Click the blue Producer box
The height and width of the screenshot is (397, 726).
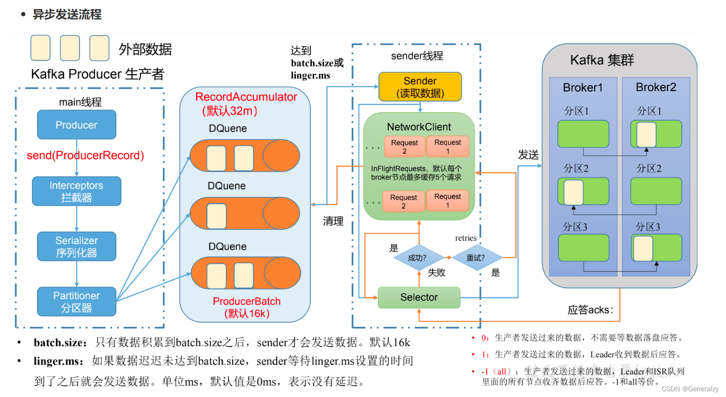(76, 125)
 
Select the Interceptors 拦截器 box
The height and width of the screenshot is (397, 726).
(76, 191)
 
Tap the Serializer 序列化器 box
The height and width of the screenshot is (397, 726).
(76, 246)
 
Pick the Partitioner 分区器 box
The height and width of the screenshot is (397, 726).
(76, 302)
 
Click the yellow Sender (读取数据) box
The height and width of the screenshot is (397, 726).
(420, 87)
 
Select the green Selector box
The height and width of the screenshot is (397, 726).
(419, 297)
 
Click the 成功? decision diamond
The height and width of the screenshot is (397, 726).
(418, 258)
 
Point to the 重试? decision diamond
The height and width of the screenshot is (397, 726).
(476, 258)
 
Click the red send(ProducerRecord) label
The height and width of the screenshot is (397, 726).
(85, 155)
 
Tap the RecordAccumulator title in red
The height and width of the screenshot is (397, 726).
(246, 97)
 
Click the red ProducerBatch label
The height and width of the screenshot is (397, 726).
(246, 302)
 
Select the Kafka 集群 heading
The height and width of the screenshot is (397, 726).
(602, 60)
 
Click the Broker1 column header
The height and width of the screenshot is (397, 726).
(583, 88)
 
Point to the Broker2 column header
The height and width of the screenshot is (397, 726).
(656, 87)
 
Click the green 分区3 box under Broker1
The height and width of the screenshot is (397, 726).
(583, 247)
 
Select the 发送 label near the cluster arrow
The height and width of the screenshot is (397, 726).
(528, 155)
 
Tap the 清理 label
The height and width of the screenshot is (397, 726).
(333, 221)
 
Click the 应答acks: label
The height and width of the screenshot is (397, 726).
(590, 310)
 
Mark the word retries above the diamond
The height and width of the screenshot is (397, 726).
(466, 238)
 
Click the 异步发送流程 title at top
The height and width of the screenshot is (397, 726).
(67, 14)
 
